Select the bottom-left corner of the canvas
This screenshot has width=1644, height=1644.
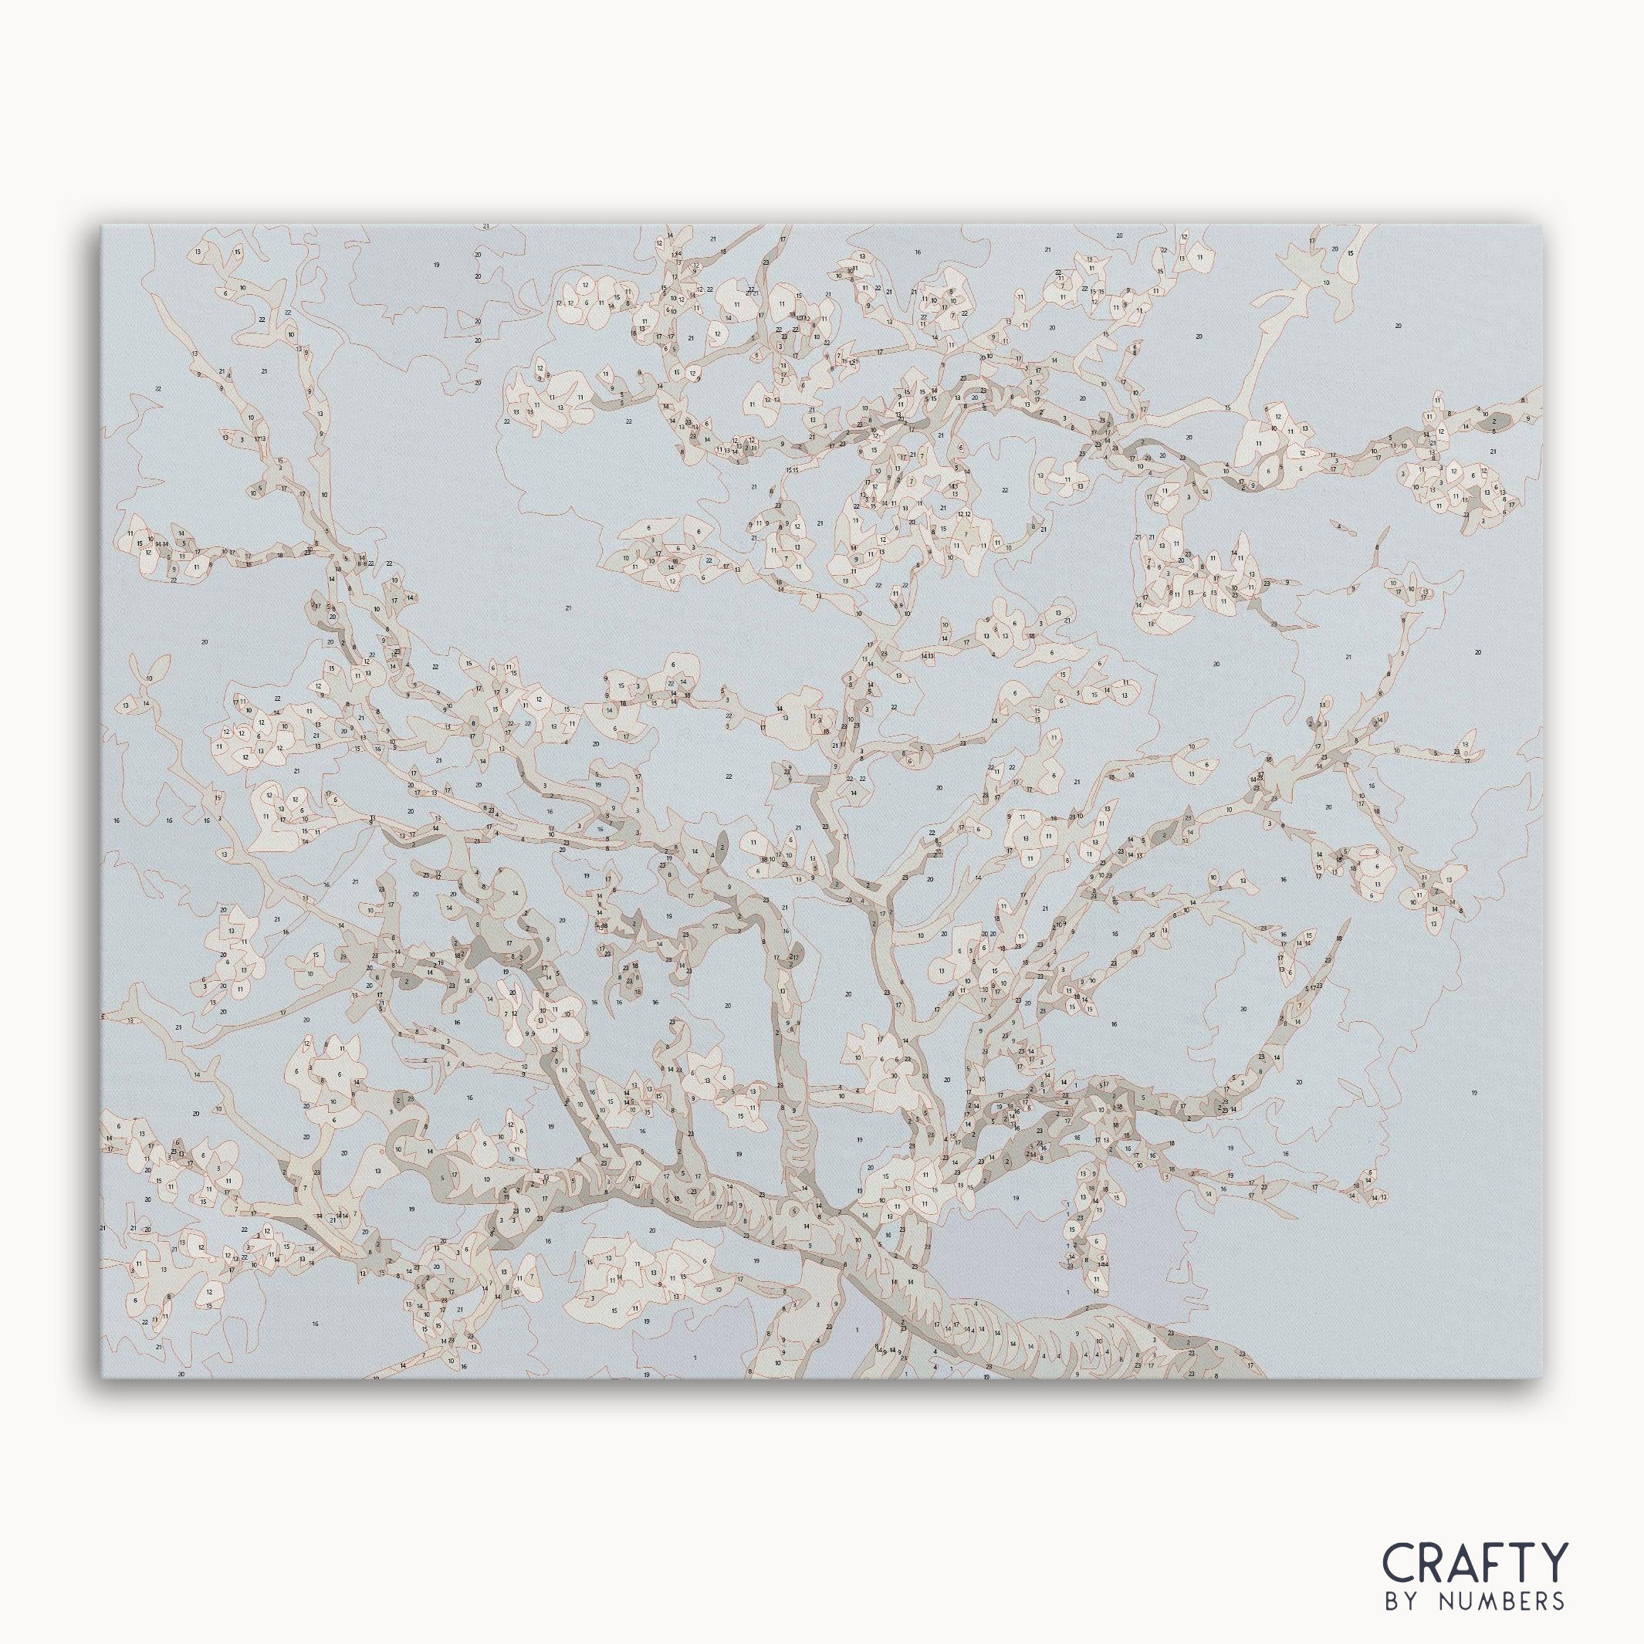102,1378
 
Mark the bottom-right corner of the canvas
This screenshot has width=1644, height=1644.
1542,1378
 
